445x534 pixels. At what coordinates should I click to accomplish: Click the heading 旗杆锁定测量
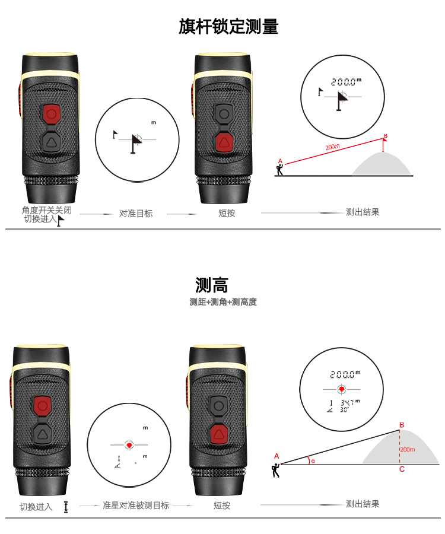tap(228, 27)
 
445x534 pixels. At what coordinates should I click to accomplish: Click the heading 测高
tap(211, 285)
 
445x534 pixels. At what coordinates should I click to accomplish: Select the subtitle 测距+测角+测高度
tap(223, 302)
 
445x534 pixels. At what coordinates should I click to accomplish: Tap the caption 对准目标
tap(136, 214)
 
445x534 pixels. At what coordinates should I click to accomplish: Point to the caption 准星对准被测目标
tap(136, 505)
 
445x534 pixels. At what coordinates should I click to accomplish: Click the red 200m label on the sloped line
tap(332, 147)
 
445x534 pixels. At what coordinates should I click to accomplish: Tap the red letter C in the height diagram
tap(402, 469)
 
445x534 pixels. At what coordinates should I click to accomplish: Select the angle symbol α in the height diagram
tap(313, 461)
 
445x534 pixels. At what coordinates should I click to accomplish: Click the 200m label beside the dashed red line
tap(408, 450)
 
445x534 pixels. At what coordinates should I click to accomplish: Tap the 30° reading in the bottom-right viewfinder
tap(344, 409)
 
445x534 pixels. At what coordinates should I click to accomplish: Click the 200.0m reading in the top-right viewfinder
tap(346, 82)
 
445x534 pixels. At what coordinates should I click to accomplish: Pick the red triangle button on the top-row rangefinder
tap(224, 142)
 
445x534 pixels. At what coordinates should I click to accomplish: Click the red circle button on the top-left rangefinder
tap(51, 113)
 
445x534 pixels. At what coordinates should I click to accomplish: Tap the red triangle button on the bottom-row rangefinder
tap(218, 434)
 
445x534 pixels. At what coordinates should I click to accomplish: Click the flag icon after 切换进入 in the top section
tap(61, 221)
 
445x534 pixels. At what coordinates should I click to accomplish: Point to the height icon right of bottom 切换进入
tap(66, 507)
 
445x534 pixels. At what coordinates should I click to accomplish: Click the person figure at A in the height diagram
tap(276, 471)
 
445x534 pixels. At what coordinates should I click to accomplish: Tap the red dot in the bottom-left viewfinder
tap(129, 445)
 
